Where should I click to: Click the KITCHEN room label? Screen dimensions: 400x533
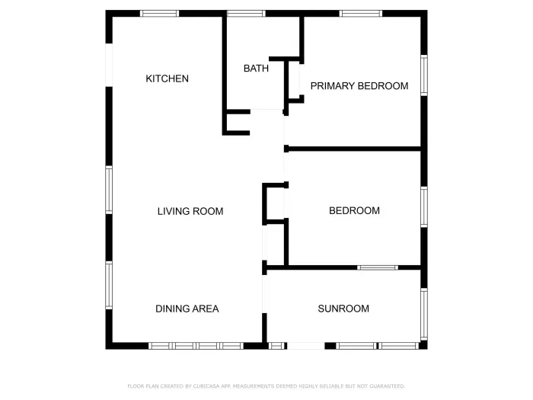(167, 78)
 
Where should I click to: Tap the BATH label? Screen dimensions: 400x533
(256, 69)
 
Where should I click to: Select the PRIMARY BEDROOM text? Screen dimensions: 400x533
(359, 86)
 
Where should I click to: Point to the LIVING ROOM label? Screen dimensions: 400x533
(190, 211)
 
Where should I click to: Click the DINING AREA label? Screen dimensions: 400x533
(187, 309)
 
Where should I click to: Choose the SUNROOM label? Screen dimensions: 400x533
(343, 309)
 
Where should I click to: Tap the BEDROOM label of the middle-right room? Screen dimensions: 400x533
(354, 210)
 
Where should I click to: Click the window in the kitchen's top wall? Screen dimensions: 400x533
(160, 14)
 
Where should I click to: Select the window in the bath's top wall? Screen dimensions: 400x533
(246, 14)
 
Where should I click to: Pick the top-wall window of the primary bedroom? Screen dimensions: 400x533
(361, 14)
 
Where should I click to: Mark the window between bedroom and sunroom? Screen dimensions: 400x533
(378, 267)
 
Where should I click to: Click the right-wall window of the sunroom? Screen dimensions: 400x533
(424, 313)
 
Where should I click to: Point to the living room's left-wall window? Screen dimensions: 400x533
(109, 190)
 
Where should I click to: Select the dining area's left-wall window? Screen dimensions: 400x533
(109, 285)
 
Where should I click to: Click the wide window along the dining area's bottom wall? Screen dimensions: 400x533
(196, 346)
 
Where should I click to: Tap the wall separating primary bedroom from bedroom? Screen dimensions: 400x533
(354, 149)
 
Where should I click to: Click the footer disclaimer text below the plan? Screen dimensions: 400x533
(266, 386)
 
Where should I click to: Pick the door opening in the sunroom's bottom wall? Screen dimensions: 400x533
(305, 346)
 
